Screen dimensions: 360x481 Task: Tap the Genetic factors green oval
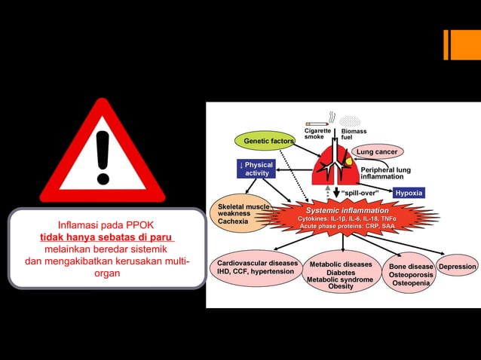click(268, 141)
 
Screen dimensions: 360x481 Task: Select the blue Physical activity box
click(256, 169)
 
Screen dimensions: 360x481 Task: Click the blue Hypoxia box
click(409, 193)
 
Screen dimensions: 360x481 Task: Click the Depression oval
click(458, 267)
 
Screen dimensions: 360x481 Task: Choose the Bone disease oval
click(411, 275)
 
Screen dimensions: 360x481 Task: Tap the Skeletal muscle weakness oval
click(241, 214)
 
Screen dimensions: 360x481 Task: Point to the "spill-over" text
click(360, 193)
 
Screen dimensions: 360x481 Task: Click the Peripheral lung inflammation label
click(384, 173)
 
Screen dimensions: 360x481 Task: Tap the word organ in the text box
click(107, 273)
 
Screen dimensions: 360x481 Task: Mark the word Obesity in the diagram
click(341, 287)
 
